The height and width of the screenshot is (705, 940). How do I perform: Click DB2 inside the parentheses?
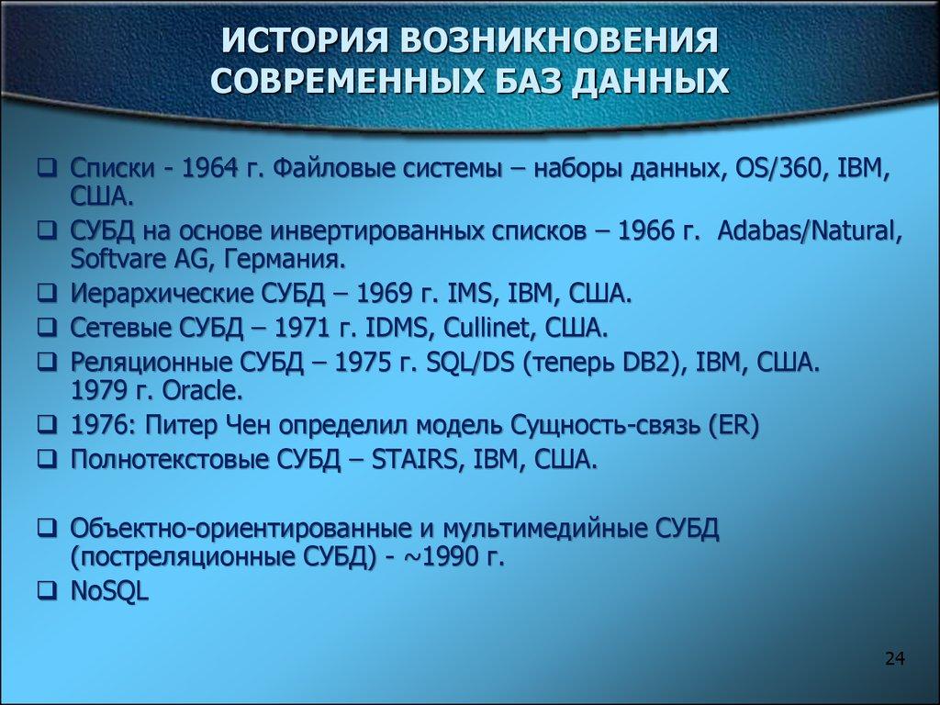(x=666, y=360)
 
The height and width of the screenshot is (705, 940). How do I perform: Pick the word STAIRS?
(x=418, y=459)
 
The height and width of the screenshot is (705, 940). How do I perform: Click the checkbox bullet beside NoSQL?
(x=44, y=591)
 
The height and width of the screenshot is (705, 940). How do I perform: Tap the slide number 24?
(x=895, y=657)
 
